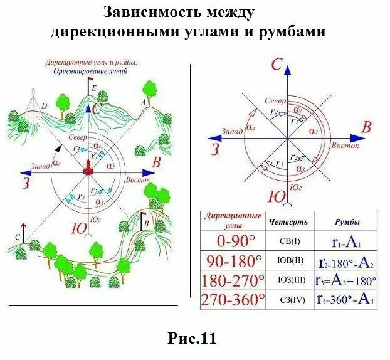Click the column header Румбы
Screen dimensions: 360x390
point(346,221)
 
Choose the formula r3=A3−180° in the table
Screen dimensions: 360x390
point(346,280)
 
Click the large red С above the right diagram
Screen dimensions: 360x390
point(276,64)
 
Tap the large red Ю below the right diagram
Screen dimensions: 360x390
point(277,196)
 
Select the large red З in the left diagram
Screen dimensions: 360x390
point(26,183)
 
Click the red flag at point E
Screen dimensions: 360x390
point(91,81)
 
